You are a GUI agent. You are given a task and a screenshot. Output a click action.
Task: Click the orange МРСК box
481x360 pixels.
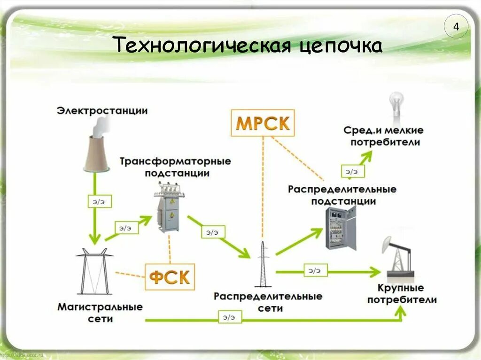(263, 123)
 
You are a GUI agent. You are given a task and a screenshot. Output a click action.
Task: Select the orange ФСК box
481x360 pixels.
(170, 277)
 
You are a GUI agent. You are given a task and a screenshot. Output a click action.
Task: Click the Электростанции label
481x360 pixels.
(102, 111)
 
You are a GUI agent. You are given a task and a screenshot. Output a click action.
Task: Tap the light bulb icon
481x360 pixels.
(395, 106)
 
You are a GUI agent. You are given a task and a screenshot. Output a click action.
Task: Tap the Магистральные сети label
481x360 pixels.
(100, 313)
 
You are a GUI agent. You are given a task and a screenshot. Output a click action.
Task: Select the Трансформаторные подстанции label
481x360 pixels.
(175, 167)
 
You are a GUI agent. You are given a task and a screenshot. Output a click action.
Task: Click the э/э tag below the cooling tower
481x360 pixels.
(98, 201)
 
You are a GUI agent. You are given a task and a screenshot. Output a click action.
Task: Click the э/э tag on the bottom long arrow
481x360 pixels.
(229, 317)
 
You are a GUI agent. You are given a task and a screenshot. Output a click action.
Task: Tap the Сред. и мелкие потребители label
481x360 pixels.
(383, 136)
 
